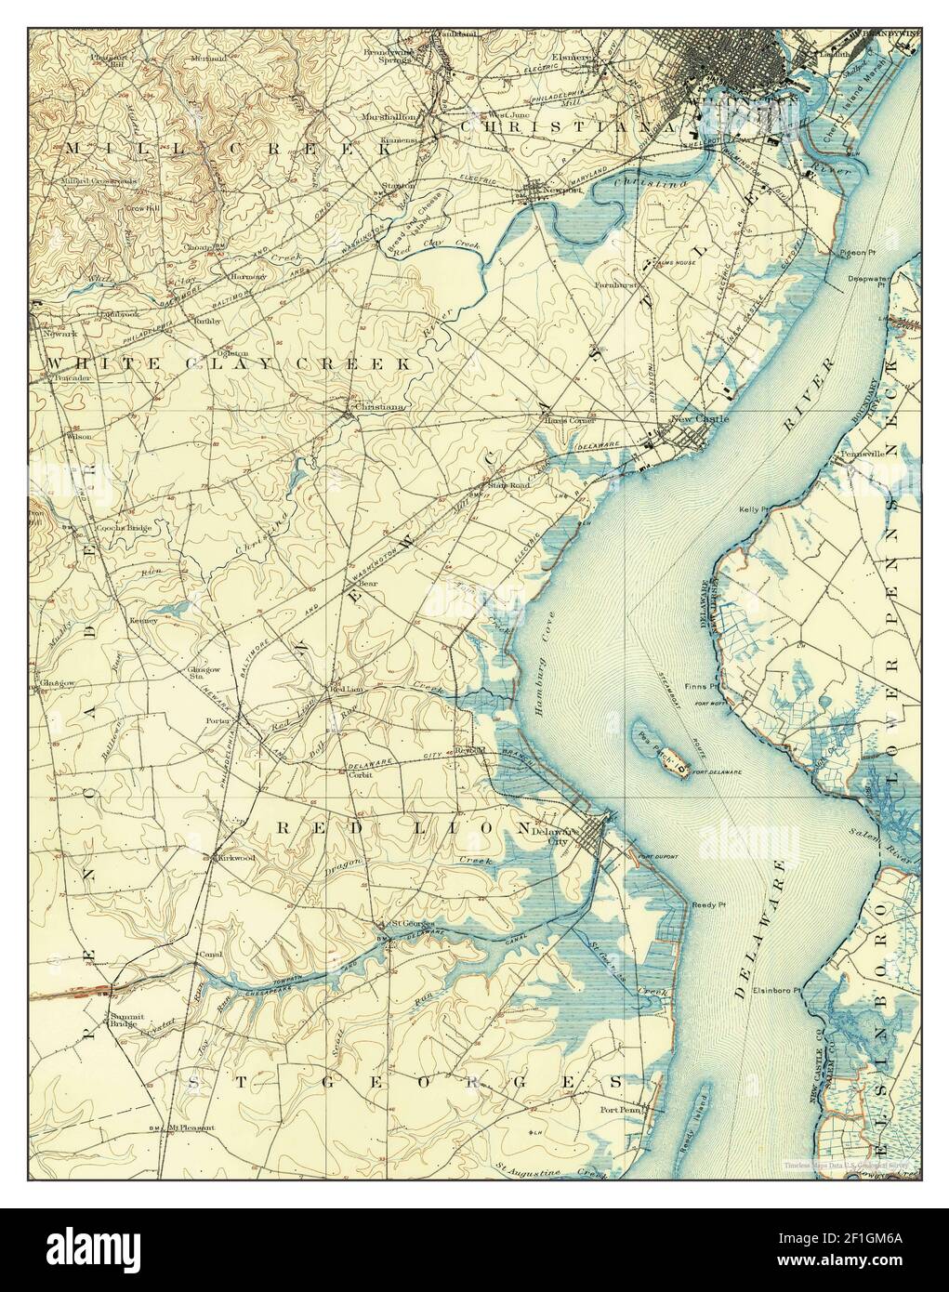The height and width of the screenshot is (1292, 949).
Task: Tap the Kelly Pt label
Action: (753, 510)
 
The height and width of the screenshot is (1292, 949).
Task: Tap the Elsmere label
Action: (570, 57)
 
